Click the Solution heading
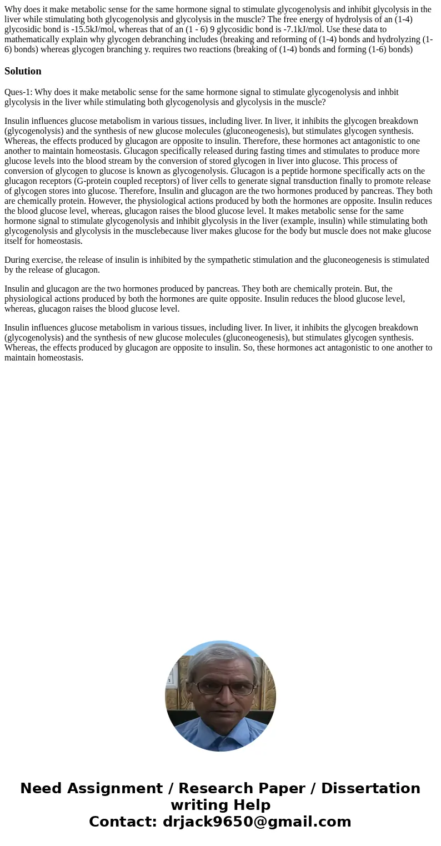pyautogui.click(x=23, y=71)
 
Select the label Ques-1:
pyautogui.click(x=18, y=92)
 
